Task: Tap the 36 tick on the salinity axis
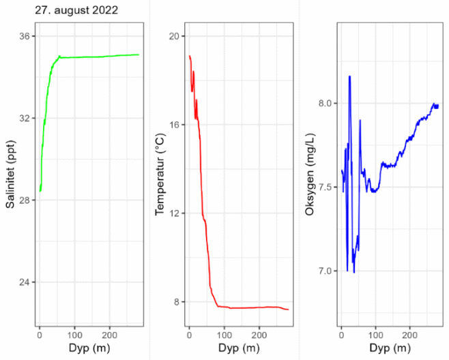point(25,36)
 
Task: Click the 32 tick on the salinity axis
point(25,118)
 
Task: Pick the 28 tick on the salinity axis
point(25,200)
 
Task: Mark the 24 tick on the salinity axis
point(25,282)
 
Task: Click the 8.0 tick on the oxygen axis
point(322,103)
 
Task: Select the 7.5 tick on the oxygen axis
point(322,187)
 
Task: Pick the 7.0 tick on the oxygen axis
point(322,271)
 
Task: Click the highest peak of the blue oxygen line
point(349,76)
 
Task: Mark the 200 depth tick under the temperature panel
point(259,335)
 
